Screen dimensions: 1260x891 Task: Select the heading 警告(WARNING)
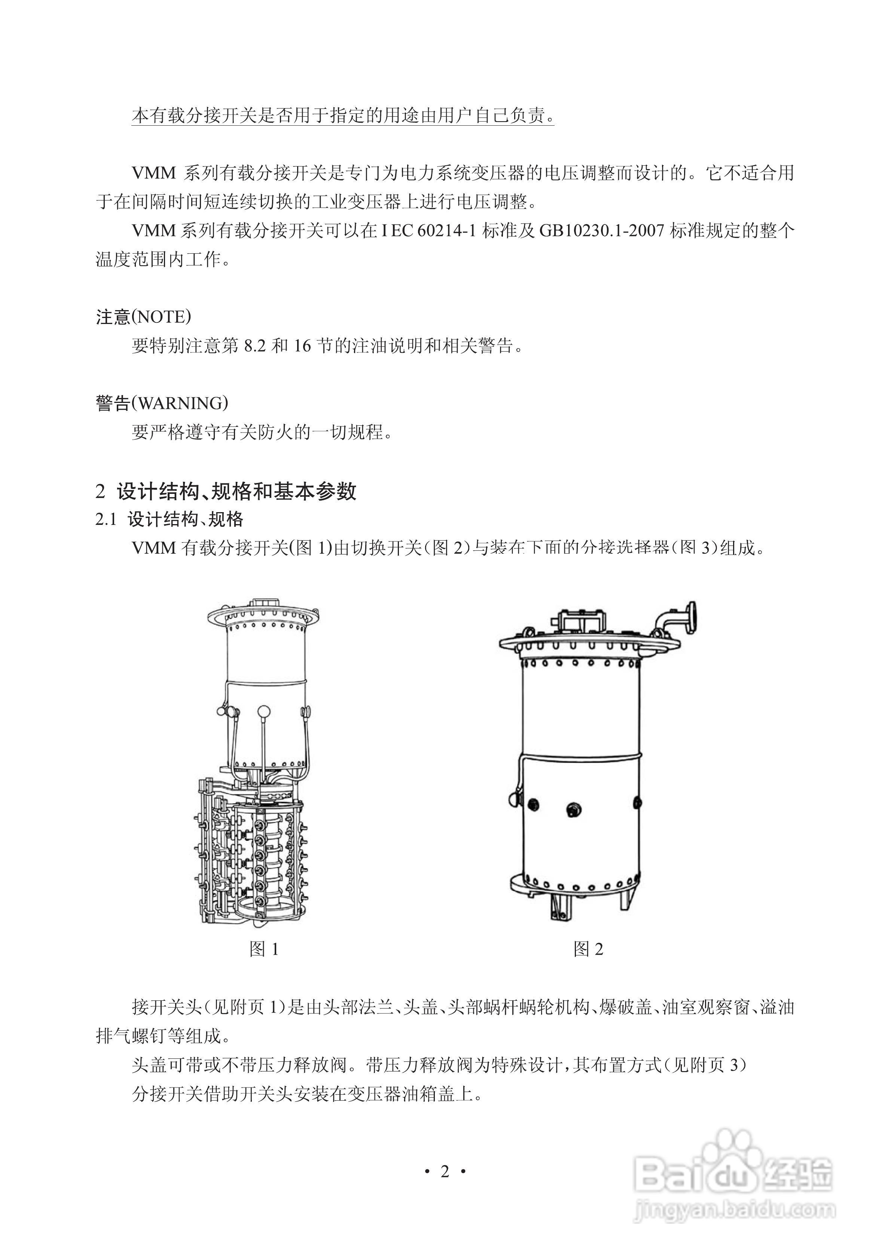(x=162, y=403)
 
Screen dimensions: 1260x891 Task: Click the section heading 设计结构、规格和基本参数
(x=236, y=491)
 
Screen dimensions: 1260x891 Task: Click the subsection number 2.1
(x=106, y=519)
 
